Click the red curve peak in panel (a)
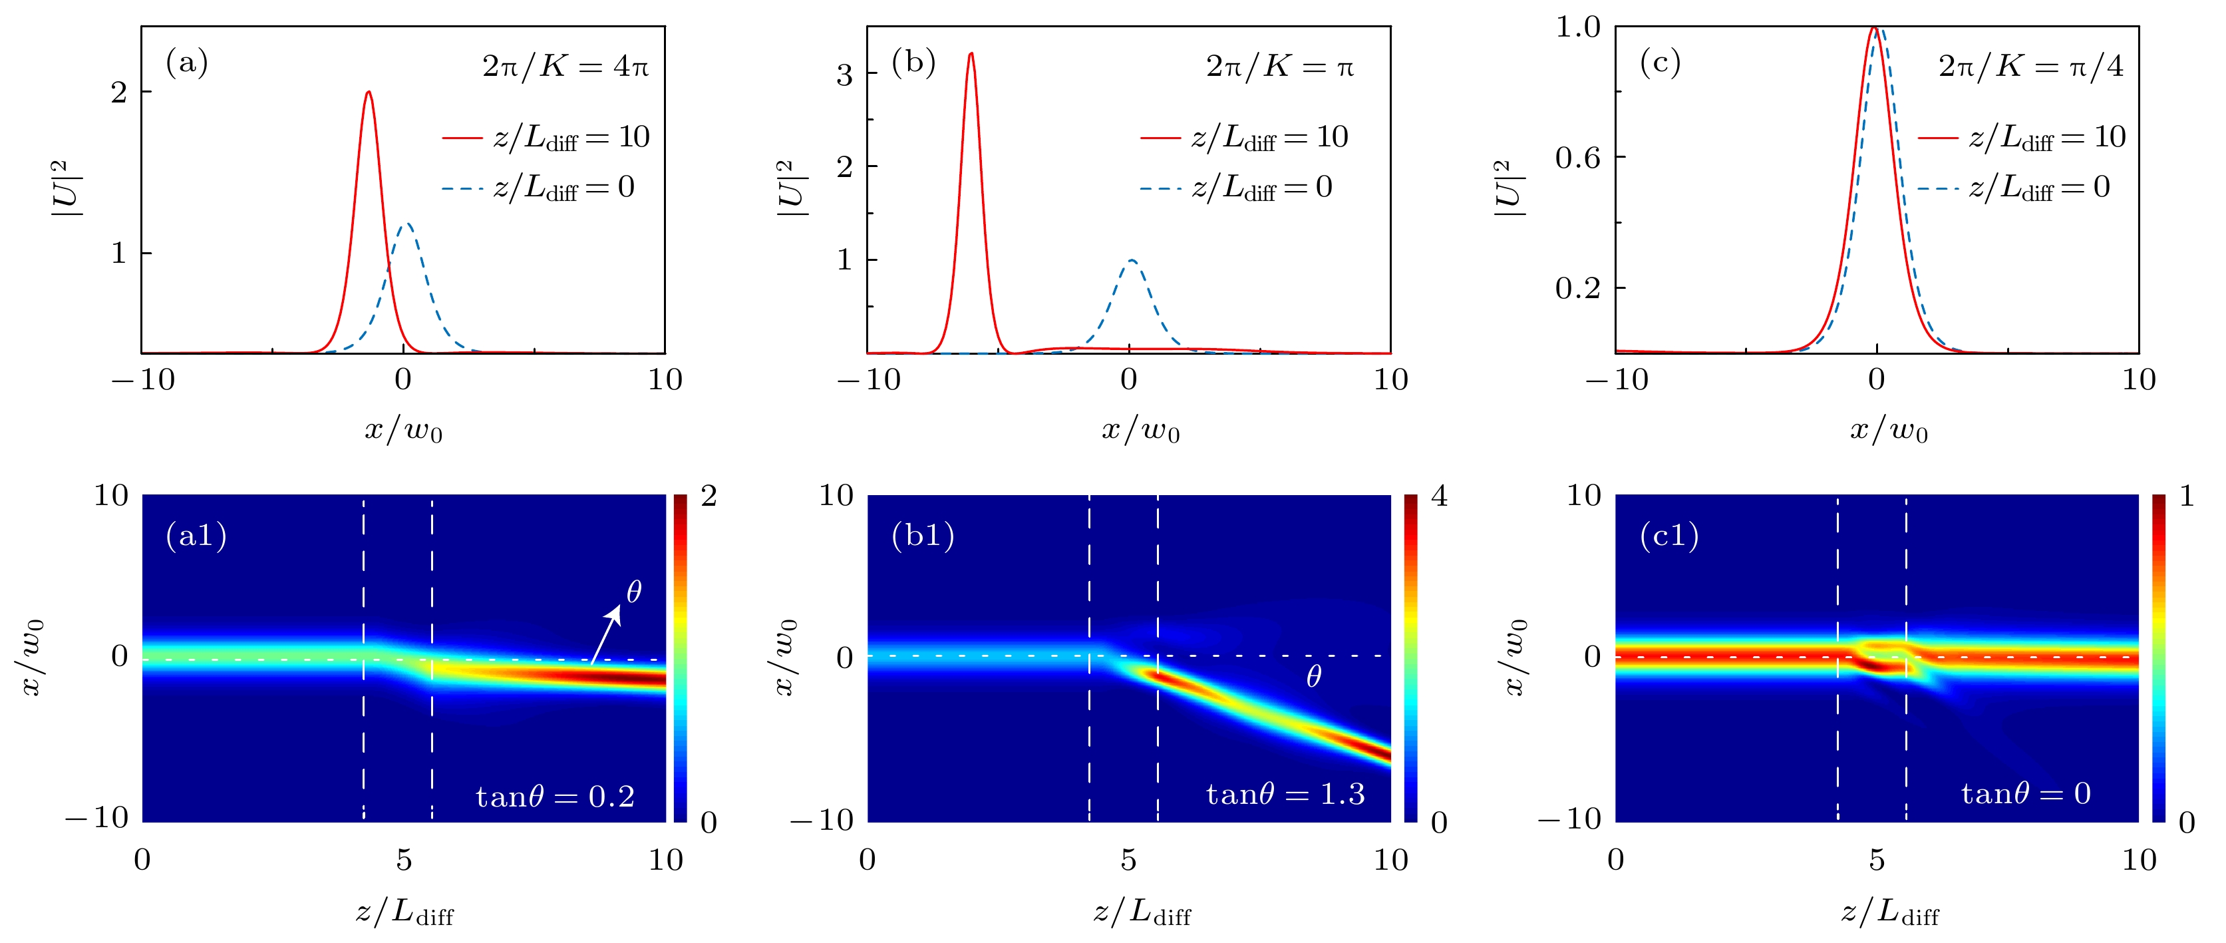point(369,93)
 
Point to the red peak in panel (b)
point(971,54)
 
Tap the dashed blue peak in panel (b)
point(1130,260)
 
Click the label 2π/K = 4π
point(565,67)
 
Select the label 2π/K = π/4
point(2030,67)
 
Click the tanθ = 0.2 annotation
point(555,796)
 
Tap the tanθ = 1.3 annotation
point(1285,793)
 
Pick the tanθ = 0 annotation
point(2024,793)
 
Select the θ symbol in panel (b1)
point(1313,677)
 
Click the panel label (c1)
point(1669,536)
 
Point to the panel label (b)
point(913,63)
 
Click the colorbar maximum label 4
point(1439,496)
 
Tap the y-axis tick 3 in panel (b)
point(844,75)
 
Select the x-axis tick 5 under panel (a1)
point(404,860)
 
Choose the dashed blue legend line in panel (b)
point(1160,188)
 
